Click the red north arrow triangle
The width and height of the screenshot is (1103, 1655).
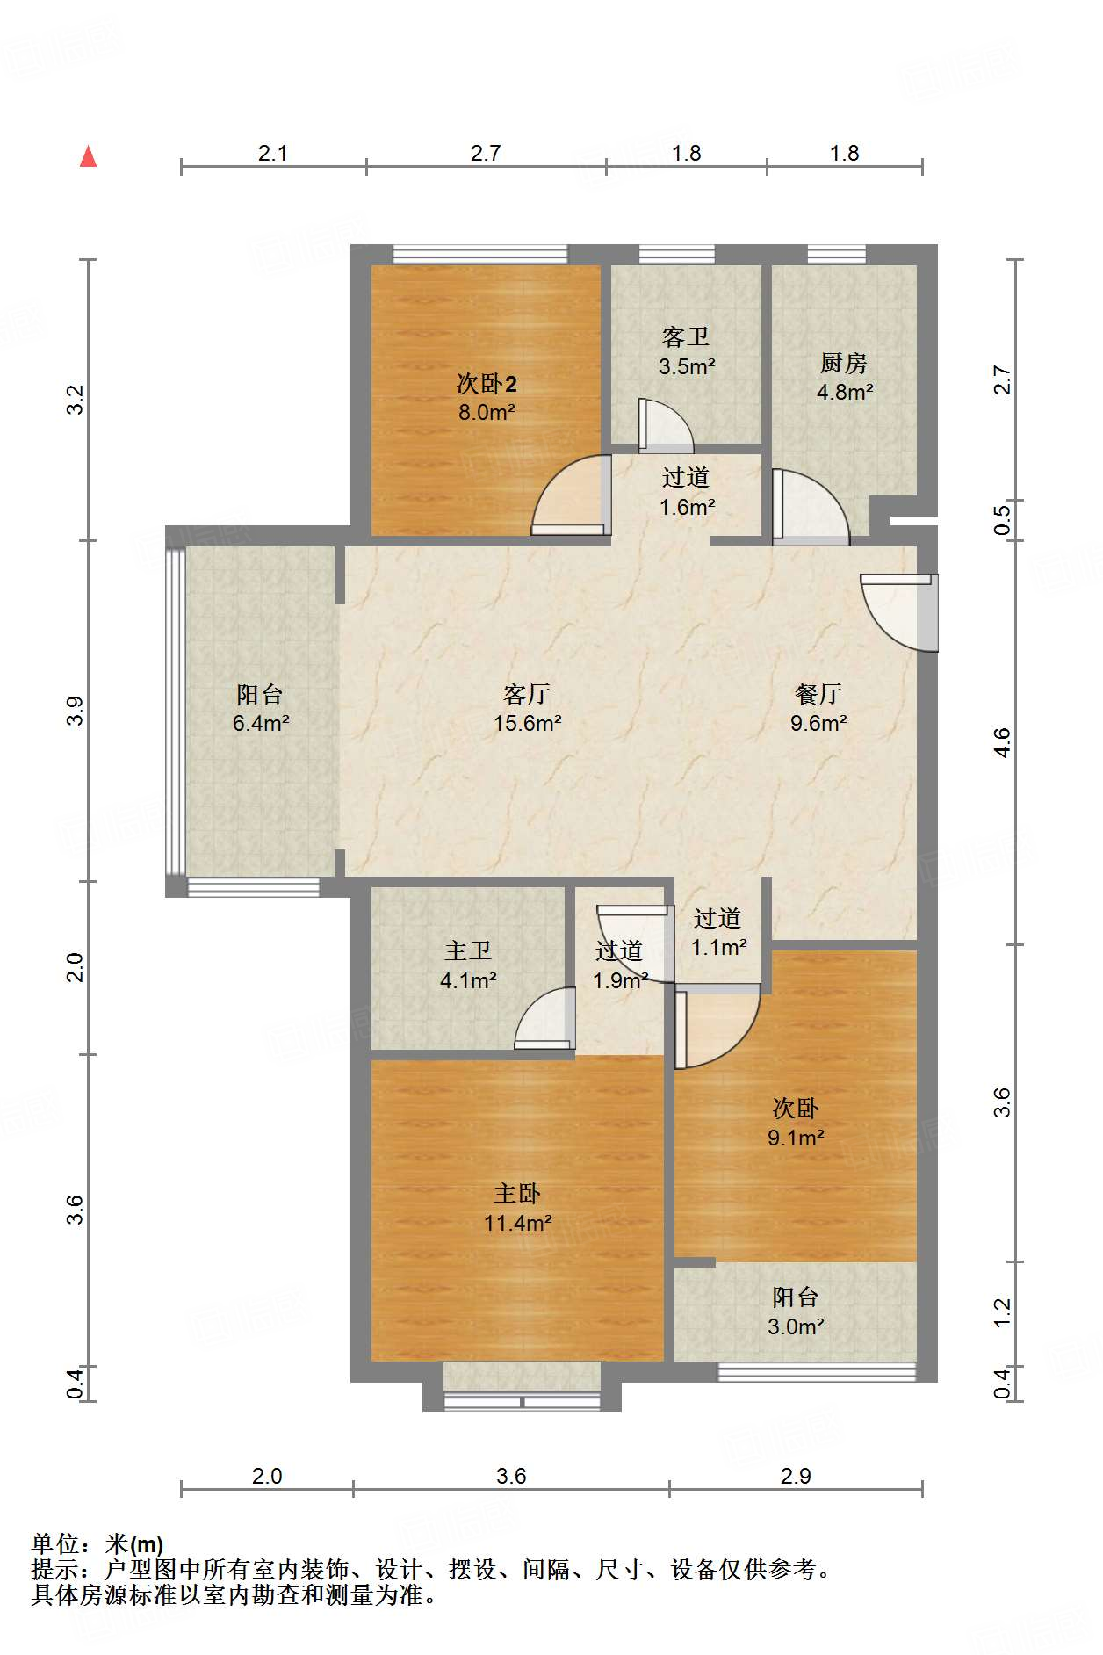(88, 156)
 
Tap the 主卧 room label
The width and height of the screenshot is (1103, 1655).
(517, 1193)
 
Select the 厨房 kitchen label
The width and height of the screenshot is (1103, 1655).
(844, 362)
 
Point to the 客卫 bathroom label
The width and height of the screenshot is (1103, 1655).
(686, 336)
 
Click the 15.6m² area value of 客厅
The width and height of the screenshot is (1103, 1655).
(527, 723)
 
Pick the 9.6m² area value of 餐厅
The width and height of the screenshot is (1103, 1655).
(818, 723)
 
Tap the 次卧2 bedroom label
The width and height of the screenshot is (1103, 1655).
(487, 383)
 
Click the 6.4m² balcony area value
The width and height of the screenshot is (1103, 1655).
(261, 723)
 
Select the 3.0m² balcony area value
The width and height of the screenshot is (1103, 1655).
(796, 1326)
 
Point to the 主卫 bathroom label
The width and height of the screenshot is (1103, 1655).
(468, 950)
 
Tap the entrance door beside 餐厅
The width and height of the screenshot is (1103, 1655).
(900, 612)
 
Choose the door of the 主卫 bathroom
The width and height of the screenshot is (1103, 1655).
(544, 1018)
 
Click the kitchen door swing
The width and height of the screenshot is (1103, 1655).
(811, 507)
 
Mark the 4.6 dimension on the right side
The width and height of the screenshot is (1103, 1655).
(1002, 742)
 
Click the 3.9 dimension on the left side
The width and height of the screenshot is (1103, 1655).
(76, 710)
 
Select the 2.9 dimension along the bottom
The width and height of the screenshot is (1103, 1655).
(796, 1476)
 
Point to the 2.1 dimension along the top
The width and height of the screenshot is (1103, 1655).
(273, 153)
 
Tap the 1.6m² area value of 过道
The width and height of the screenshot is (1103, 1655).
(688, 507)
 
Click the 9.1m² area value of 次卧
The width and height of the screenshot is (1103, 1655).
(796, 1138)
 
